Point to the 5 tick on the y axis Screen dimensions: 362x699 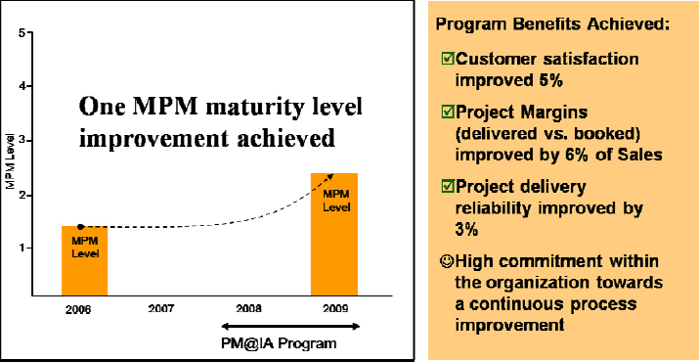point(22,34)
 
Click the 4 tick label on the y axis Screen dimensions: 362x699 point(22,87)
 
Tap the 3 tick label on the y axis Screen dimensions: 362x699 point(22,141)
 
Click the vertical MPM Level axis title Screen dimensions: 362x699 point(9,166)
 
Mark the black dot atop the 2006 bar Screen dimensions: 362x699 point(80,226)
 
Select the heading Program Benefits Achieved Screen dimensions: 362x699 point(551,23)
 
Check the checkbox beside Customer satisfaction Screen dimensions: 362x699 point(449,60)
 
